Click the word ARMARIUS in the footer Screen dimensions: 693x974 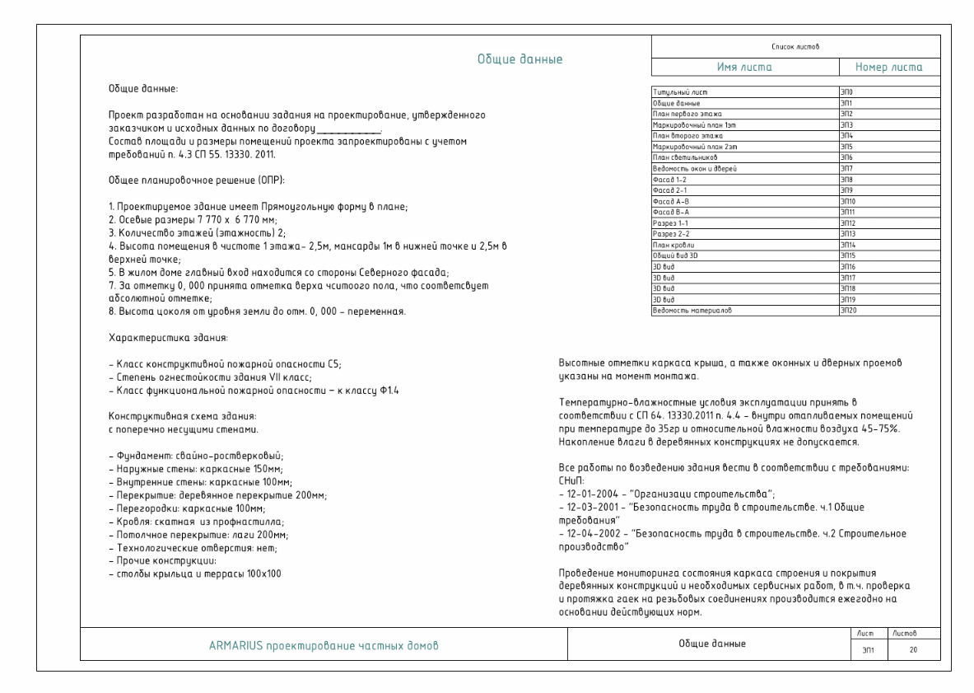pos(235,645)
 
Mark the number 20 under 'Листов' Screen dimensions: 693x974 pos(902,651)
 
